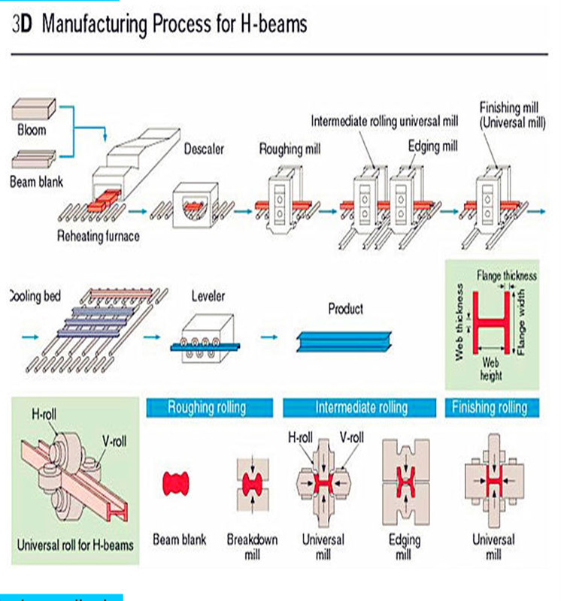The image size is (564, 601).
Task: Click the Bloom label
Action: tap(32, 130)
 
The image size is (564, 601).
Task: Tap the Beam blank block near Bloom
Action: tap(32, 158)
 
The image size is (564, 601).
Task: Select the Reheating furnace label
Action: tap(99, 236)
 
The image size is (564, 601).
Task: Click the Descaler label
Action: tap(205, 149)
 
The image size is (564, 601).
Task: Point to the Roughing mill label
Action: tap(290, 149)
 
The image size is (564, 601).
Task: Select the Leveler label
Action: tap(208, 296)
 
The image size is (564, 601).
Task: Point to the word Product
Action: tap(345, 308)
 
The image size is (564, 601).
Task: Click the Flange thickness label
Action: tap(506, 276)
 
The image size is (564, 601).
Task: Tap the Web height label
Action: tap(490, 368)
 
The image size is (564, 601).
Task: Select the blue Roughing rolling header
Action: tap(207, 407)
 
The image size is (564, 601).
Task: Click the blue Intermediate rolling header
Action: tap(361, 407)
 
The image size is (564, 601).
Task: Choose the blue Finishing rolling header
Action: tap(489, 407)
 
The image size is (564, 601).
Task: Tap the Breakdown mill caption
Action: tap(252, 547)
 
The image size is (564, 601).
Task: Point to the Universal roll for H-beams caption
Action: tap(75, 544)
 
